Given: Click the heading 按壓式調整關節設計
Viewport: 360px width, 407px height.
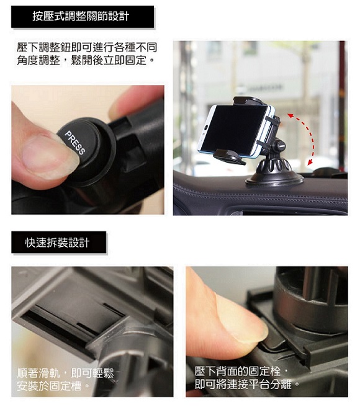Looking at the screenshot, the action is tap(81, 16).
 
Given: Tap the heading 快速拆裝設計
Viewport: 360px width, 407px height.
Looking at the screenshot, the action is tap(57, 243).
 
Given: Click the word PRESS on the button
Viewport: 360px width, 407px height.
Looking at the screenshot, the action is tap(75, 143).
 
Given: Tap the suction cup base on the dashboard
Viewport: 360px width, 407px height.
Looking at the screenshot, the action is tap(274, 173).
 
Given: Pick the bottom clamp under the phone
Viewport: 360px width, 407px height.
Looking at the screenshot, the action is tap(229, 156).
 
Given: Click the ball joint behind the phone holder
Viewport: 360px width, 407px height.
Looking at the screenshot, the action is tap(279, 146).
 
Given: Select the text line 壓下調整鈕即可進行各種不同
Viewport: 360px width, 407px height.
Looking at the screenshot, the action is tap(87, 47).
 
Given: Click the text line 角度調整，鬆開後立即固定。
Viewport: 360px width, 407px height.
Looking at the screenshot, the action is tap(86, 60).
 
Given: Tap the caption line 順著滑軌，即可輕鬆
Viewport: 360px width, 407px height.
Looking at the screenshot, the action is tap(65, 373).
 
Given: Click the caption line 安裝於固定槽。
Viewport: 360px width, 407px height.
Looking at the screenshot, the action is tap(53, 386).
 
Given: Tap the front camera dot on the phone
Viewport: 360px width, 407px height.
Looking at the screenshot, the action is tap(206, 128).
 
